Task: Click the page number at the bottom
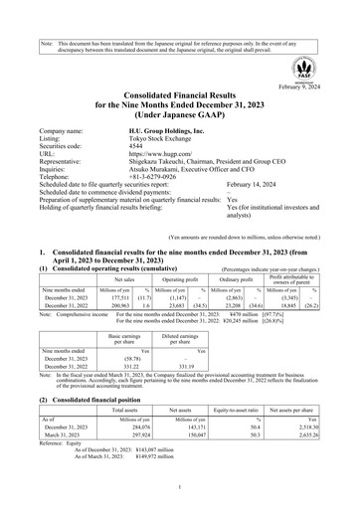tap(180, 489)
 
